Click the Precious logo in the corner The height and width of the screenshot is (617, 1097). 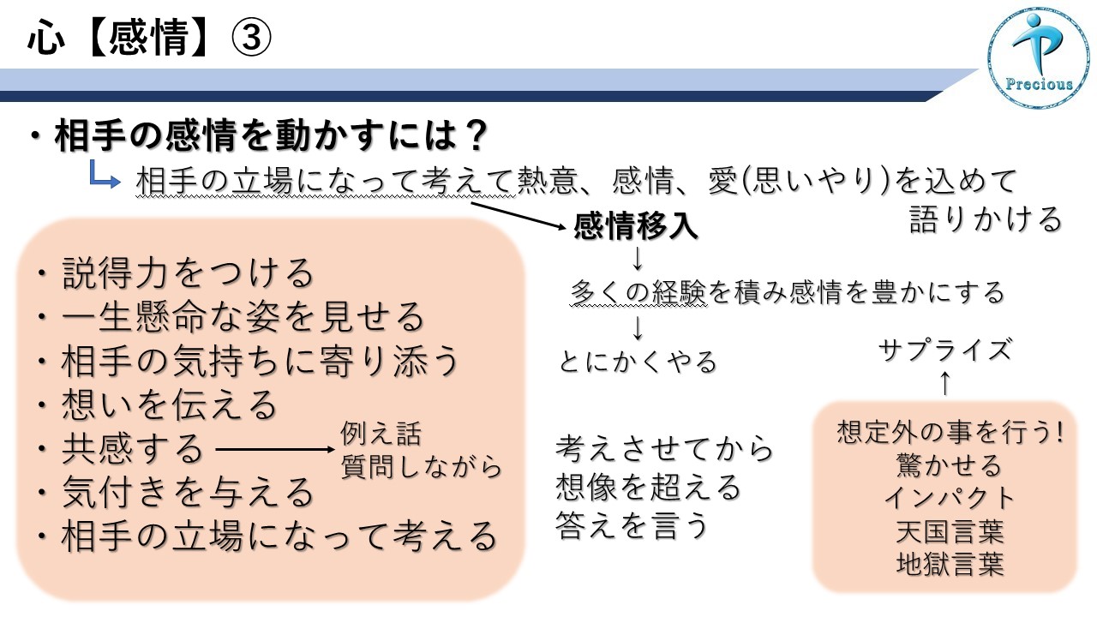point(1038,57)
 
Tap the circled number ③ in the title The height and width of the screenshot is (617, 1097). point(251,38)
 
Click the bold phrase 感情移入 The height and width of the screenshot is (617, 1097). point(636,226)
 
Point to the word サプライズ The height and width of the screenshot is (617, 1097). point(945,350)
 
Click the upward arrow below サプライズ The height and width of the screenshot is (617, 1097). point(945,383)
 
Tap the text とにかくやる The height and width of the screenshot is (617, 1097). point(638,362)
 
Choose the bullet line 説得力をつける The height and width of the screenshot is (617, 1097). point(177,273)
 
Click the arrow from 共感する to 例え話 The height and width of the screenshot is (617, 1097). point(275,449)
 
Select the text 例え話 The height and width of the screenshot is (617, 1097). point(381,434)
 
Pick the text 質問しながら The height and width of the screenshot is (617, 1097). point(421,466)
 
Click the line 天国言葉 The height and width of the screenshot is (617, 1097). point(950,532)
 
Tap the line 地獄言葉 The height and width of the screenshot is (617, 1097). point(950,564)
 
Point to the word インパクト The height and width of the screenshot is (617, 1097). point(950,499)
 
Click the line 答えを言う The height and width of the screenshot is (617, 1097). point(632,525)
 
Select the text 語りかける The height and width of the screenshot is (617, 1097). point(986,219)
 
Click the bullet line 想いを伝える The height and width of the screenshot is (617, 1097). point(158,405)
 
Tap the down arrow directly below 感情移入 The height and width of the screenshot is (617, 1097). point(637,259)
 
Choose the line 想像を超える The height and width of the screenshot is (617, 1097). point(649,488)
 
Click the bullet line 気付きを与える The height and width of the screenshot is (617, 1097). point(177,492)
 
